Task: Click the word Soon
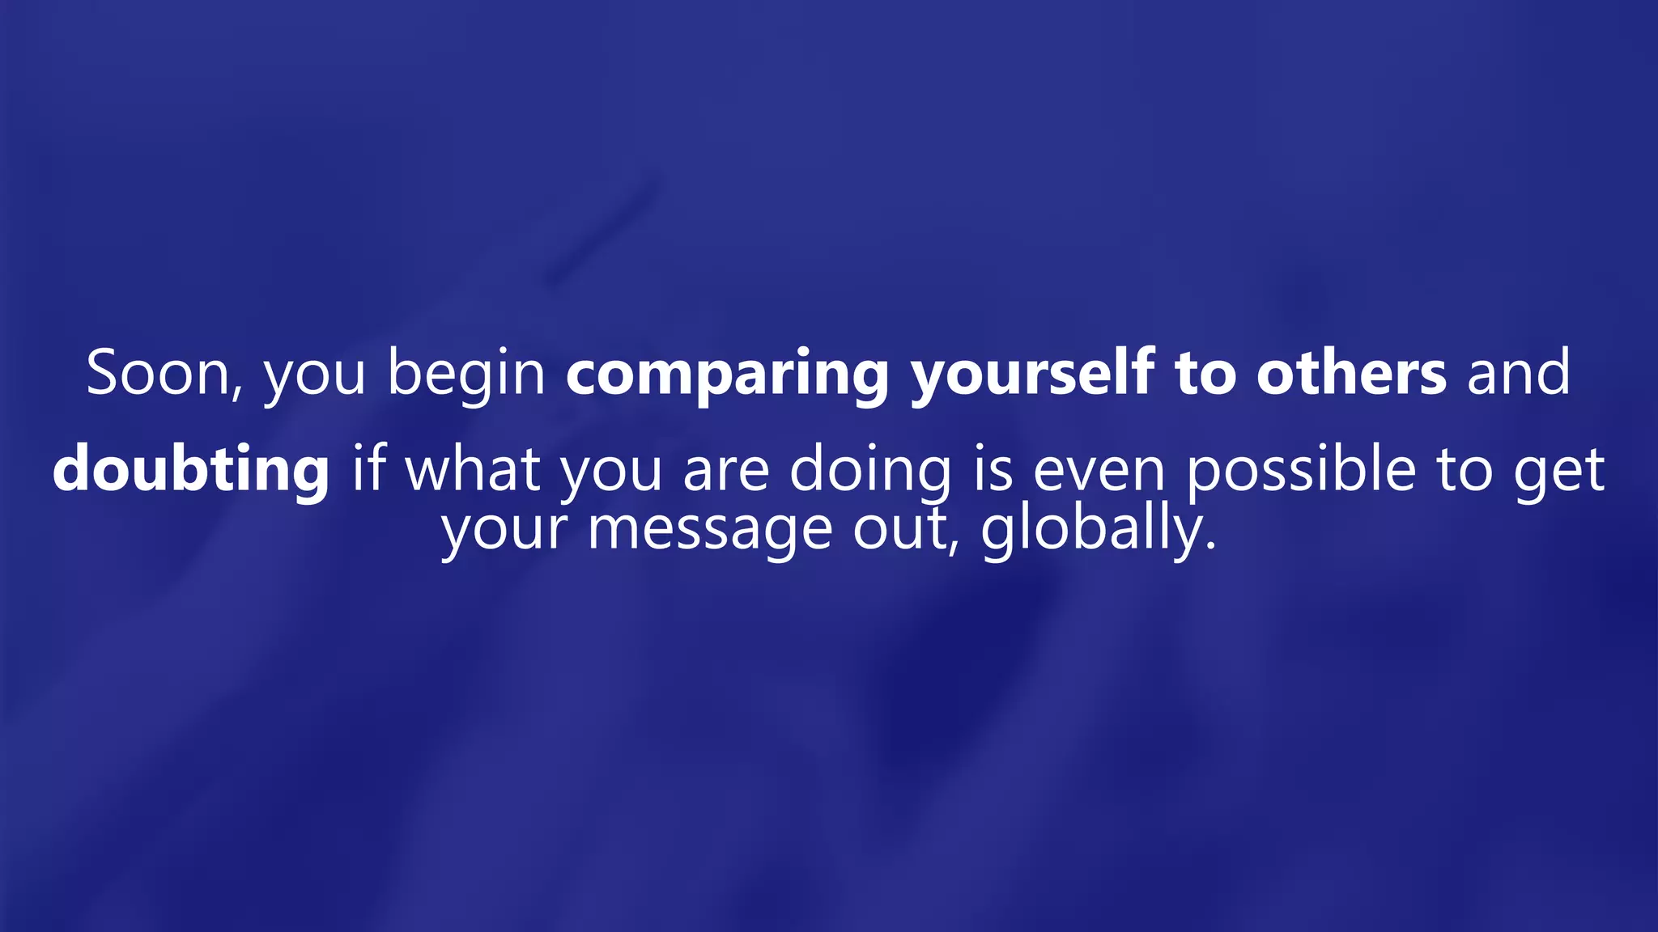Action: coord(159,374)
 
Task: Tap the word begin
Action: coord(466,374)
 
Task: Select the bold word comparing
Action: coord(727,374)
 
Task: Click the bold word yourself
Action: coord(1032,374)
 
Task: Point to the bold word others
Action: coord(1351,374)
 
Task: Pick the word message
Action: coord(710,530)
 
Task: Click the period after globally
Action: coord(1211,547)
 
